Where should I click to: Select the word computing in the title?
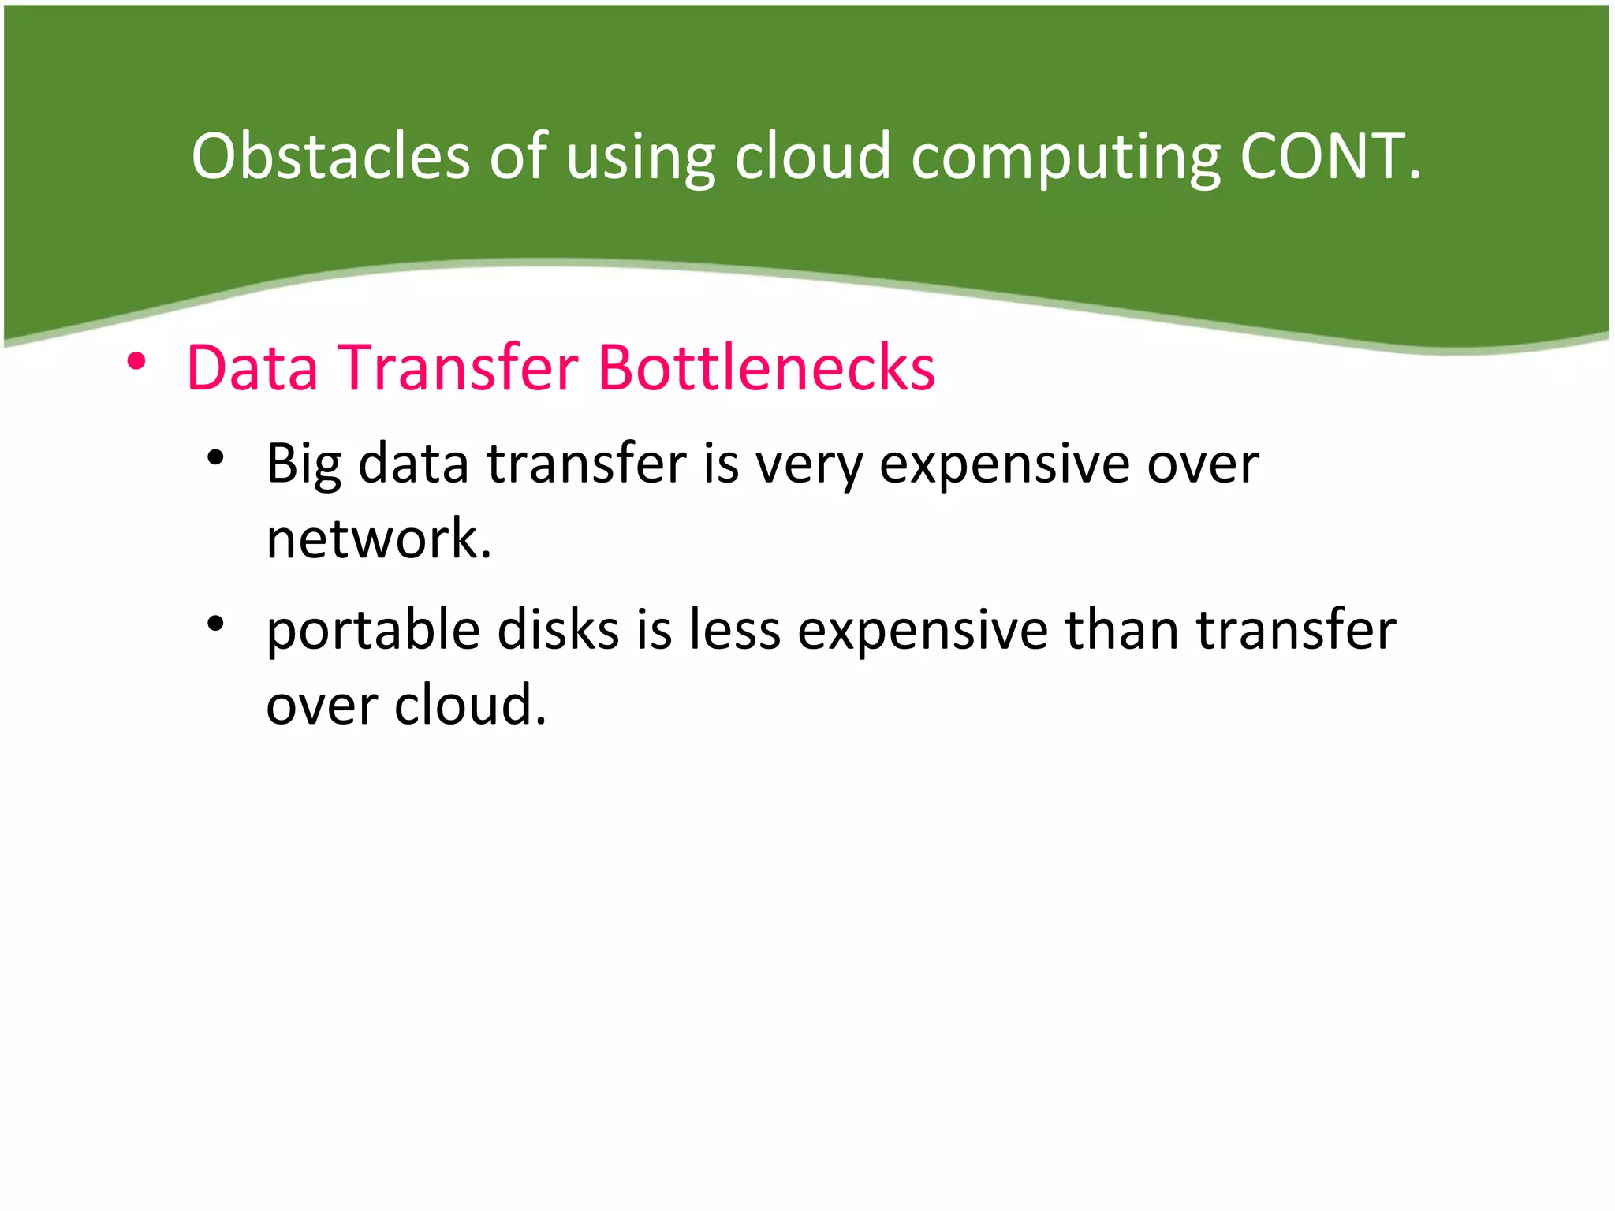1066,158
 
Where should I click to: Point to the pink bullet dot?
136,362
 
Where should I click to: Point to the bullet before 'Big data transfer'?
215,457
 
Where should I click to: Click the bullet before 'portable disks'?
215,624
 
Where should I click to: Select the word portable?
373,631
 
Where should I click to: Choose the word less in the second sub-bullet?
734,631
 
